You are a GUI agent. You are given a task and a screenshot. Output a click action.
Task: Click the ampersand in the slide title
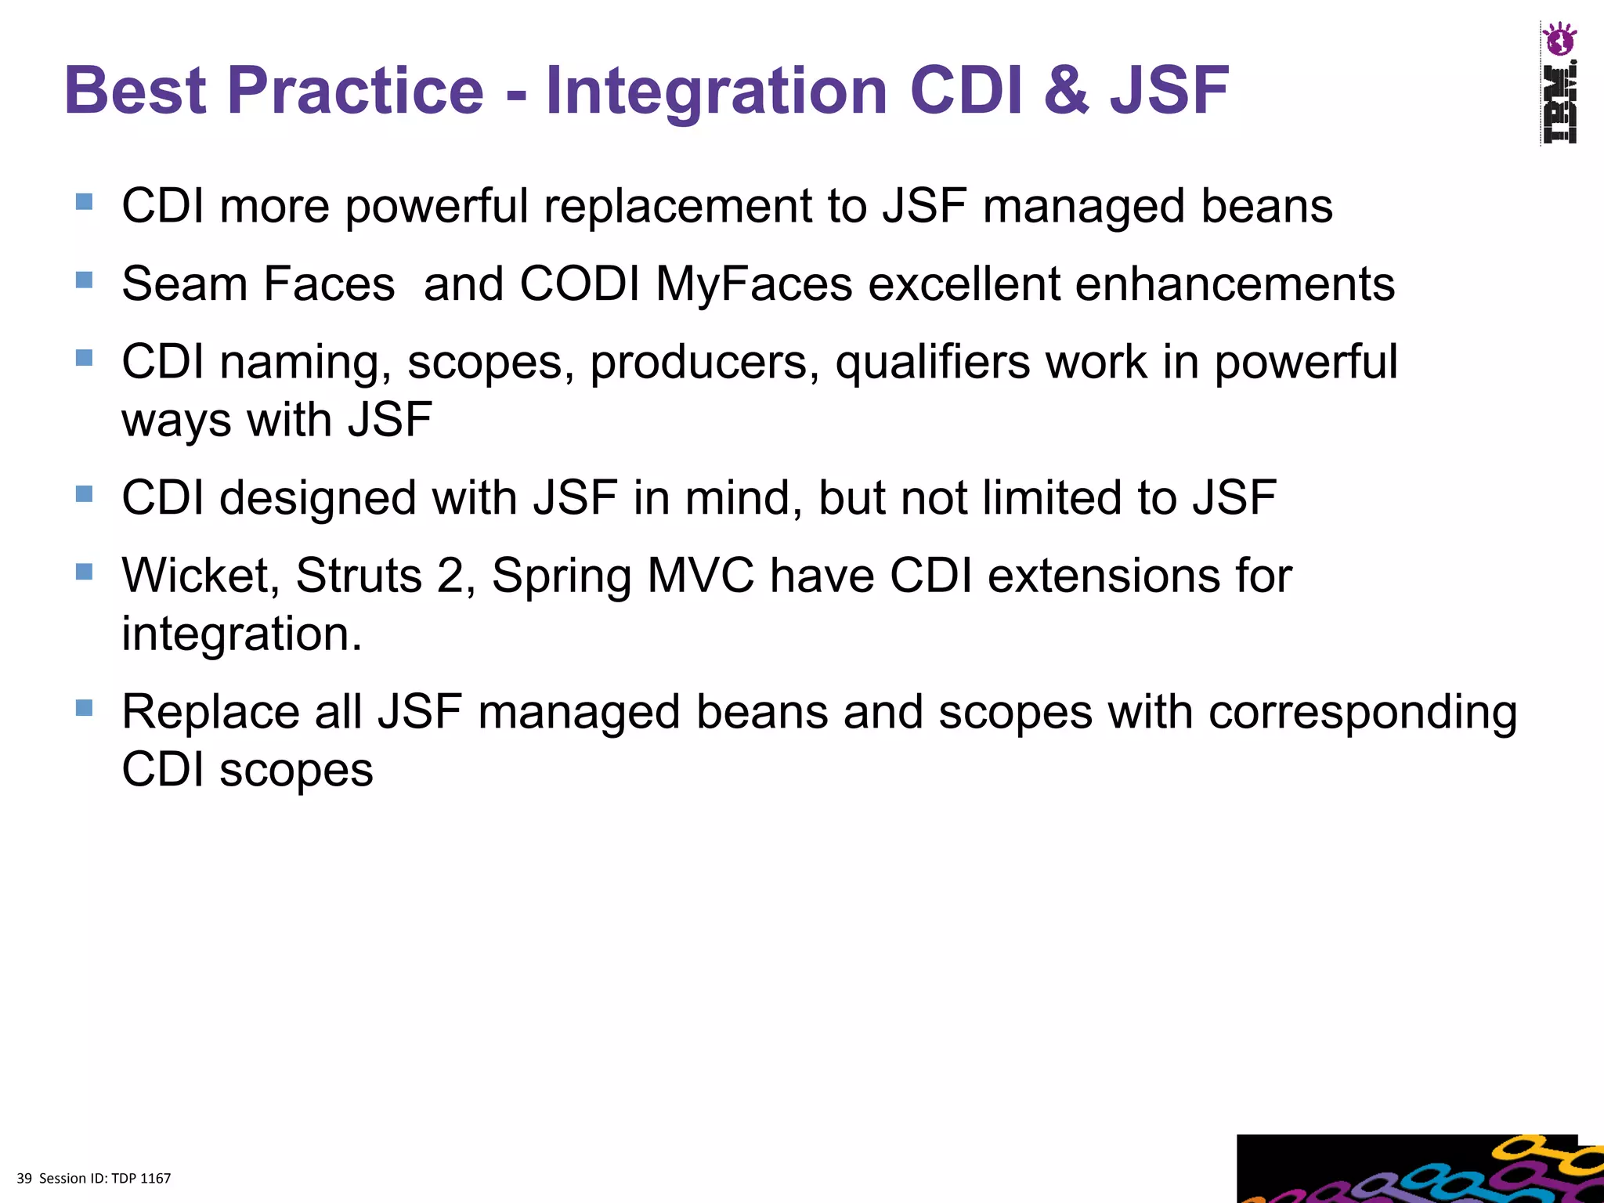pos(1066,90)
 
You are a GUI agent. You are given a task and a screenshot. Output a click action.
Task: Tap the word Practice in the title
pos(355,90)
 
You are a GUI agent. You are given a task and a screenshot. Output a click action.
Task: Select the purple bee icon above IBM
pos(1559,39)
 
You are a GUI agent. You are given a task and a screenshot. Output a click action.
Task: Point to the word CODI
pos(580,284)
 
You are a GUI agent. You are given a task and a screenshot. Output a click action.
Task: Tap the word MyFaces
pos(753,284)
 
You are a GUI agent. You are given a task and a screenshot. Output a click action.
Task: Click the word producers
pos(705,363)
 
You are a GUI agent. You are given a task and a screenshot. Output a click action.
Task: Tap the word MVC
pos(701,576)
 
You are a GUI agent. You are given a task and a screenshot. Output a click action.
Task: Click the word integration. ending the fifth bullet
pos(242,634)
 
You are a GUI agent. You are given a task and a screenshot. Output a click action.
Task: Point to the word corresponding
pos(1363,713)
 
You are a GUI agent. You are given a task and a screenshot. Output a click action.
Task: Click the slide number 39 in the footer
pos(24,1178)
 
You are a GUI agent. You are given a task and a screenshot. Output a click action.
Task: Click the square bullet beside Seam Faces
pos(85,280)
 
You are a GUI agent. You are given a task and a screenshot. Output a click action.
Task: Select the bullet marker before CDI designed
pos(85,493)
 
